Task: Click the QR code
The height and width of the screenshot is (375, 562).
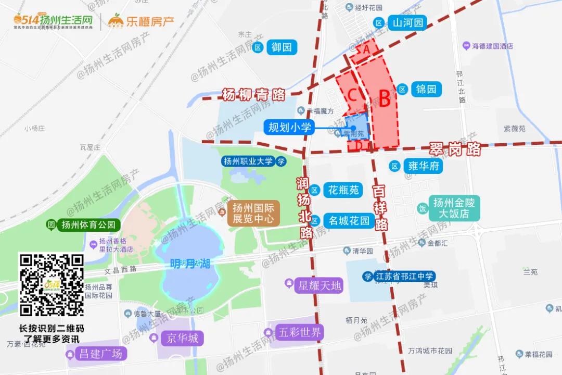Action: point(51,285)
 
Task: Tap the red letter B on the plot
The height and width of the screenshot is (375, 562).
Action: point(384,98)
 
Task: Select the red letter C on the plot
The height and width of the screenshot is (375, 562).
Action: point(352,95)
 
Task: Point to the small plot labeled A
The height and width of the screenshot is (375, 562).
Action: point(366,48)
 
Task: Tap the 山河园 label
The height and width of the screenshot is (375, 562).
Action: point(408,23)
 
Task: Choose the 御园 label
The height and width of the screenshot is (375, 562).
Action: point(282,47)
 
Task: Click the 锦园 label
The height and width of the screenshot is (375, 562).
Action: point(426,89)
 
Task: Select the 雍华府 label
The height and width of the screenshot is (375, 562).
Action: point(424,166)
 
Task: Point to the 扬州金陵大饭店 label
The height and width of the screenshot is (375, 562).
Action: point(451,208)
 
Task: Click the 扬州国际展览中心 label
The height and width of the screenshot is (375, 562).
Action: point(253,213)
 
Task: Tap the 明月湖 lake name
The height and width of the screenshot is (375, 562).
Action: point(190,264)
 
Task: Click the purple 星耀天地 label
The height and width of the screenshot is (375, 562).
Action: point(319,285)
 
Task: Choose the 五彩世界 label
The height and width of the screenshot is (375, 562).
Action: point(300,332)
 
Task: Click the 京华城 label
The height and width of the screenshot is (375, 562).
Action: point(183,338)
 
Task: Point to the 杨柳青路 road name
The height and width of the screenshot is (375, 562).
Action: point(253,95)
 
